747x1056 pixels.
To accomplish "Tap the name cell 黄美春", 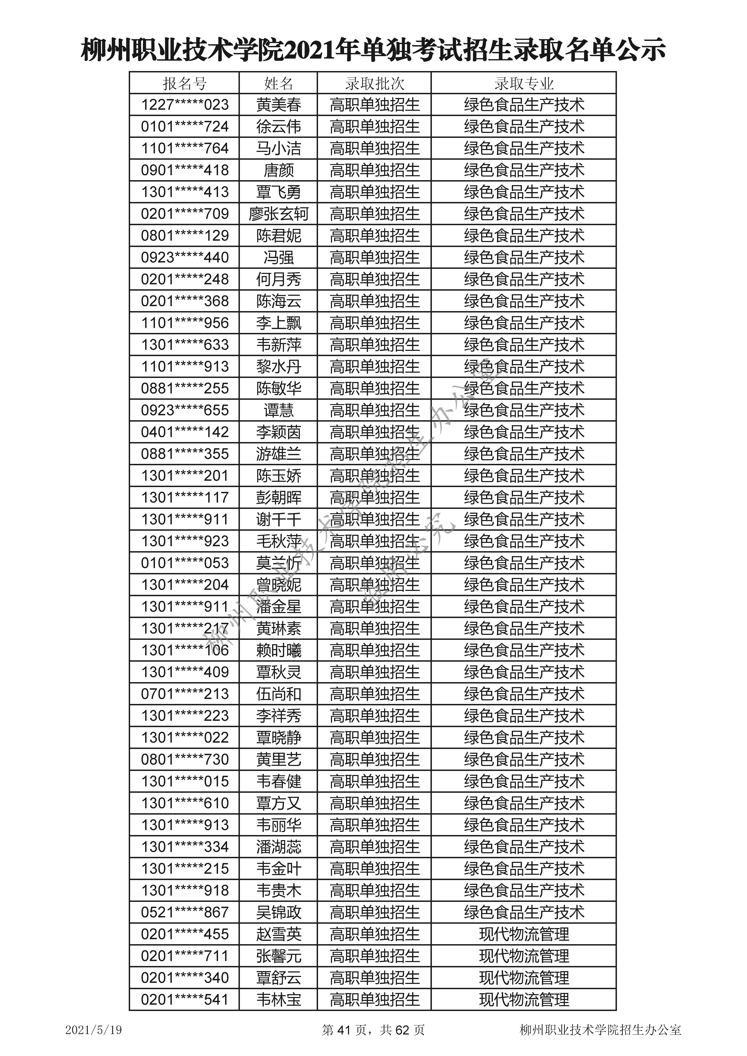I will (x=278, y=105).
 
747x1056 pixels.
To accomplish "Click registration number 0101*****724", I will (x=185, y=126).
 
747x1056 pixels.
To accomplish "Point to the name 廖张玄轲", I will (x=278, y=214).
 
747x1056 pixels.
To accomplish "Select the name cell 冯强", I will (x=278, y=258).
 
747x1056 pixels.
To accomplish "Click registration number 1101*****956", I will (x=185, y=323).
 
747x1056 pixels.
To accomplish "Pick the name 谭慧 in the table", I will (x=278, y=410).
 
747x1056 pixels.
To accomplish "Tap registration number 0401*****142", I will (x=185, y=432).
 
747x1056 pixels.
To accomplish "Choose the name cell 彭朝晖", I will (x=278, y=498).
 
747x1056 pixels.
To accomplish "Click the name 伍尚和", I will (x=278, y=694).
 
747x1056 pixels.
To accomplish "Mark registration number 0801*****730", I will (x=185, y=759).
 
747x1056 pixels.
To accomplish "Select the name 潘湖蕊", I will (x=278, y=847).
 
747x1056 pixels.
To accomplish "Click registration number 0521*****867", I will (x=185, y=912).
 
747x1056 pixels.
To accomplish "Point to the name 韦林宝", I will (x=278, y=999).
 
